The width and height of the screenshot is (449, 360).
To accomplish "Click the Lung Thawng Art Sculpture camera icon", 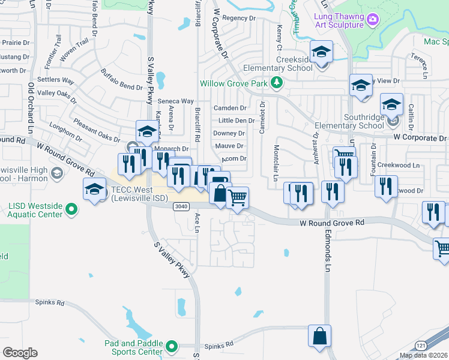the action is pos(373,20).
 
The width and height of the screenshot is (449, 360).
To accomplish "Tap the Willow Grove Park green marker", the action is pos(277,83).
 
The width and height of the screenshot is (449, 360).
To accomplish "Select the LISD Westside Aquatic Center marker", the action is pos(72,209).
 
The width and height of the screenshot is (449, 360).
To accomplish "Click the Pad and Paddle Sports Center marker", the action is pos(172,346).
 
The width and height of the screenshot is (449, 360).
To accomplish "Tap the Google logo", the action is pos(20,352).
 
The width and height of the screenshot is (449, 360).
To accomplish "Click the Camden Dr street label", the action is pos(230,108).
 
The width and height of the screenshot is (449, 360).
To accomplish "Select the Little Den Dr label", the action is pos(233,121).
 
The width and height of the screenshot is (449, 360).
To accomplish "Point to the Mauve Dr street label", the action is pos(228,146).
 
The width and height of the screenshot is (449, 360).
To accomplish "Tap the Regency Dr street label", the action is pos(239,18).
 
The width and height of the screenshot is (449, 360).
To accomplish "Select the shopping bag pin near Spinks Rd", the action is pos(319,336).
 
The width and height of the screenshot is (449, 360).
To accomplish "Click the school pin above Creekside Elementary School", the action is pos(321,52).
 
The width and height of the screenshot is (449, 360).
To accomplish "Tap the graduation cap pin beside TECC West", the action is pos(94,191).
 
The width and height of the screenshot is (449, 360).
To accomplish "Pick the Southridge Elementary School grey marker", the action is pos(393,121).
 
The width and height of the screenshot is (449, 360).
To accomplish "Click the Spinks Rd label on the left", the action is pos(49,302).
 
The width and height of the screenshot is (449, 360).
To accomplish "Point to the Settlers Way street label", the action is pos(56,80).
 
